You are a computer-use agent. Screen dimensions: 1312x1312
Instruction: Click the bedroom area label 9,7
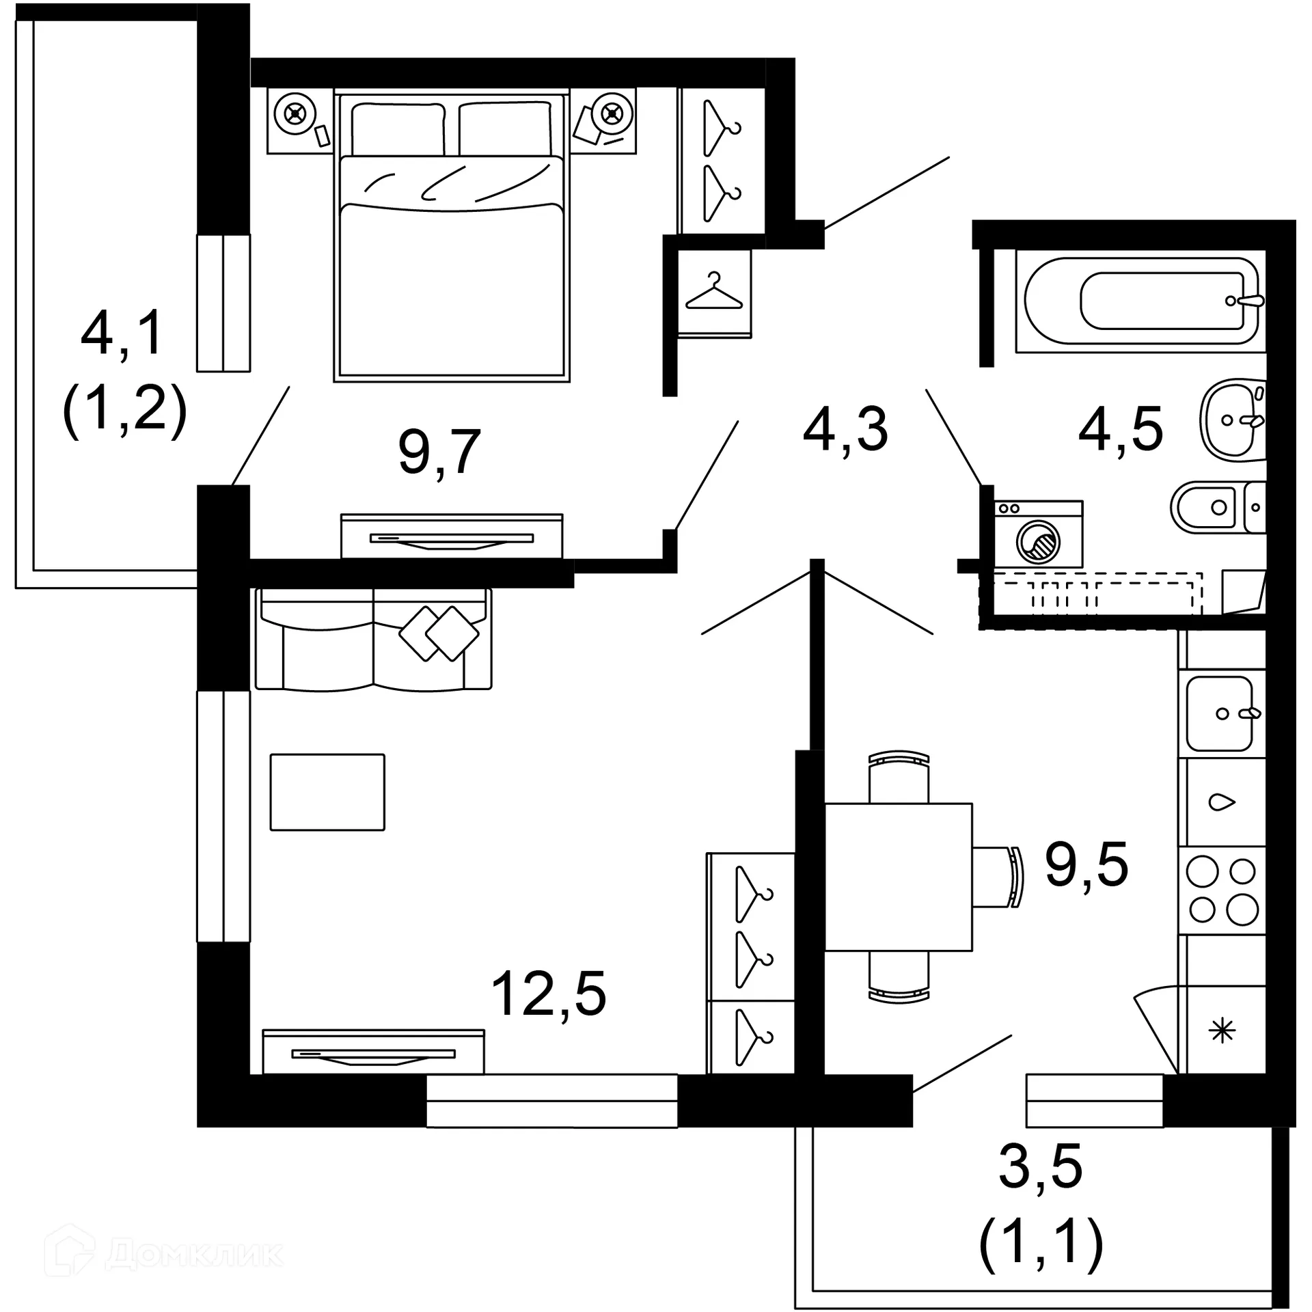click(x=439, y=452)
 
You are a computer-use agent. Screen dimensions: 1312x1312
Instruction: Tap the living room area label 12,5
click(x=548, y=995)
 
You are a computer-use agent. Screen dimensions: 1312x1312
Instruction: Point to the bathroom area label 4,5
click(x=1120, y=430)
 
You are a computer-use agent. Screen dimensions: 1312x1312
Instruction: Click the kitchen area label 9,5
click(x=1086, y=864)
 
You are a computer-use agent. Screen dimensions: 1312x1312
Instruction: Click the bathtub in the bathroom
click(x=1140, y=301)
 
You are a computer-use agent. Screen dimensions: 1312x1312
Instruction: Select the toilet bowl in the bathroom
click(x=1205, y=507)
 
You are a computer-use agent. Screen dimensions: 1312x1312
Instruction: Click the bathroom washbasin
click(x=1233, y=420)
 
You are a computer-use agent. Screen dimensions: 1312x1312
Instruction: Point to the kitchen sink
click(x=1220, y=713)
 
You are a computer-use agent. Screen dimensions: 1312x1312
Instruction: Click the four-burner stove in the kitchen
click(x=1222, y=890)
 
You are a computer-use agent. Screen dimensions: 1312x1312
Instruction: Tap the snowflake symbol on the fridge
click(x=1222, y=1031)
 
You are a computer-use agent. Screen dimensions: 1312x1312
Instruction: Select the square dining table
click(x=899, y=877)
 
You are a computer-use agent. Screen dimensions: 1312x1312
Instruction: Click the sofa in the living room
click(x=373, y=639)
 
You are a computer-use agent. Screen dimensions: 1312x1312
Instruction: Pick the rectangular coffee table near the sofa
click(x=327, y=792)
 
